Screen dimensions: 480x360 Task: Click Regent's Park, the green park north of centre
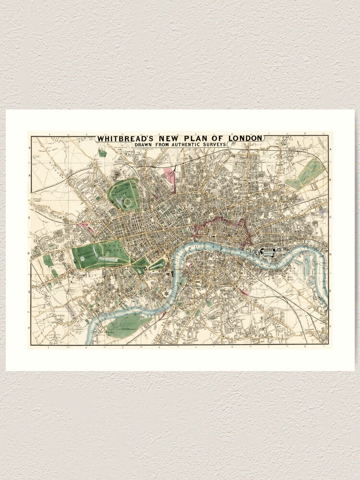click(124, 195)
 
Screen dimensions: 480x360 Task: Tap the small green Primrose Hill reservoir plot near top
click(102, 153)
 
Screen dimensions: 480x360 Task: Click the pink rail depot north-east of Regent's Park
click(169, 177)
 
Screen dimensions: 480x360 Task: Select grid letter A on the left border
click(30, 148)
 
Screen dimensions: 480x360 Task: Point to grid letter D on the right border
click(331, 253)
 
